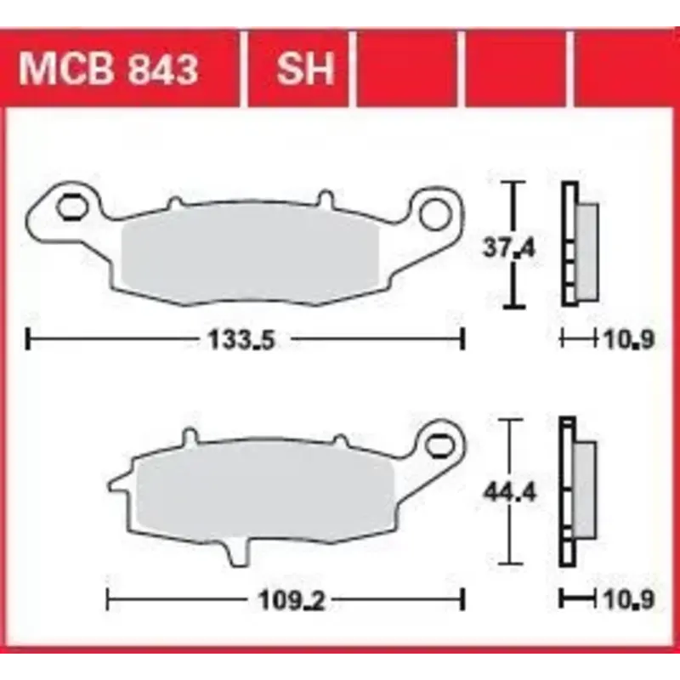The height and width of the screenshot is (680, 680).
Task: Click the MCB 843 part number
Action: (108, 69)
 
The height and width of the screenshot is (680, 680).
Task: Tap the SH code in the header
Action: (305, 69)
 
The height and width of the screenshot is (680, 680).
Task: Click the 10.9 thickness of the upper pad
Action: (629, 340)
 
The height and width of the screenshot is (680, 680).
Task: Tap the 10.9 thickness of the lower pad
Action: (629, 599)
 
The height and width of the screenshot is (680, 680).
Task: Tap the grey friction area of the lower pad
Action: (263, 490)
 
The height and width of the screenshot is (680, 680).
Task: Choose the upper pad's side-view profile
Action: (578, 246)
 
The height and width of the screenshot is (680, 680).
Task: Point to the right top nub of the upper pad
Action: (324, 200)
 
